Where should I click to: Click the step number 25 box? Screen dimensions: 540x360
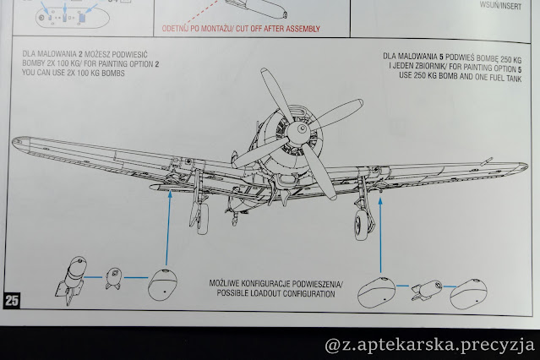pyautogui.click(x=12, y=300)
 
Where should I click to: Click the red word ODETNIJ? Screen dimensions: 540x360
pyautogui.click(x=179, y=29)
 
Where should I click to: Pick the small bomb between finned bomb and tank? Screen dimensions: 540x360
pyautogui.click(x=115, y=278)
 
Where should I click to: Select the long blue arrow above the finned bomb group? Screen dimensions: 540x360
pyautogui.click(x=169, y=228)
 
